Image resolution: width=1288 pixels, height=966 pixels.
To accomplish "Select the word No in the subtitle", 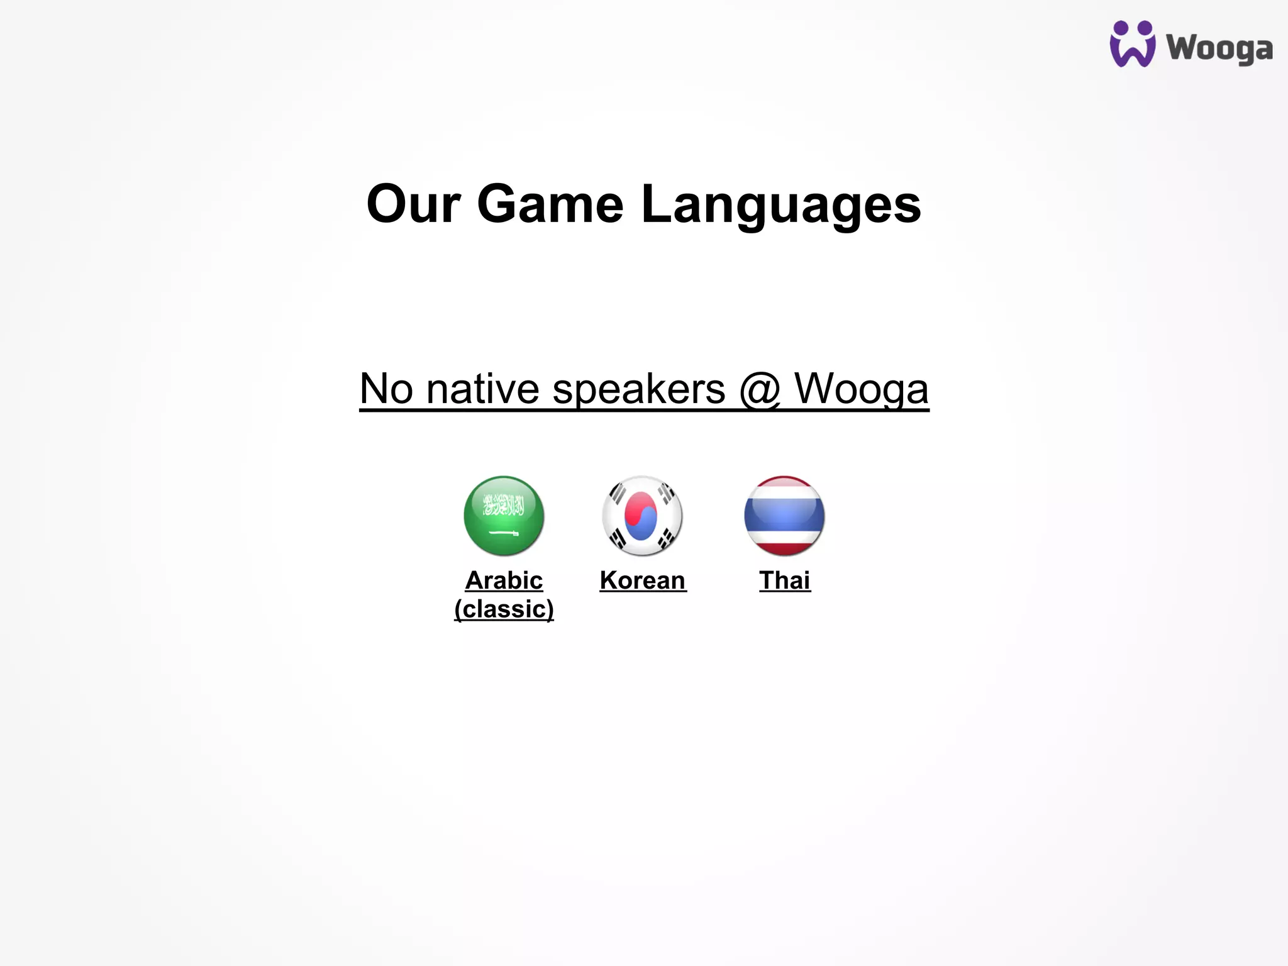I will [386, 389].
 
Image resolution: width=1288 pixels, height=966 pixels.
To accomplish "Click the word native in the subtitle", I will [482, 389].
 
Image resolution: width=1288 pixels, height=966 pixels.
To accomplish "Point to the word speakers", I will [638, 389].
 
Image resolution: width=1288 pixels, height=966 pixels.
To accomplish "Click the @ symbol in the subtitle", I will [760, 389].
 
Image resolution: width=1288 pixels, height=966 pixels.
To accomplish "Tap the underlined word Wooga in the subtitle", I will [861, 389].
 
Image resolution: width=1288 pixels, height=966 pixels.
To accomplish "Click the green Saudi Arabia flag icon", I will [504, 515].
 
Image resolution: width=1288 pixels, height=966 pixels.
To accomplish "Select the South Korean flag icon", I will [641, 515].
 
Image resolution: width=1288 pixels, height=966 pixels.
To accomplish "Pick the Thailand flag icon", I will [784, 515].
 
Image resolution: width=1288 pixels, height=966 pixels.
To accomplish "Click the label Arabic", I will [504, 580].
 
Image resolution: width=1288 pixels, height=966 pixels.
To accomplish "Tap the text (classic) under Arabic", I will [504, 609].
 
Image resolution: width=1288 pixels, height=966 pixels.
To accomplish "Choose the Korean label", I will [642, 580].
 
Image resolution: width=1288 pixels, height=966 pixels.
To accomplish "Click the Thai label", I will [784, 580].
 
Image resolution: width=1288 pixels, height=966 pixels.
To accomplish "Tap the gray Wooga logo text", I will [1219, 48].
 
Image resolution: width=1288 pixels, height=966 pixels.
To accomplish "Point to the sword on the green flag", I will [504, 533].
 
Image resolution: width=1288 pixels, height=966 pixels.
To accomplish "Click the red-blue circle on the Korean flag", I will [641, 516].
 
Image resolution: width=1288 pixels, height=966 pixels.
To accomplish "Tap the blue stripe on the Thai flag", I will [784, 515].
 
